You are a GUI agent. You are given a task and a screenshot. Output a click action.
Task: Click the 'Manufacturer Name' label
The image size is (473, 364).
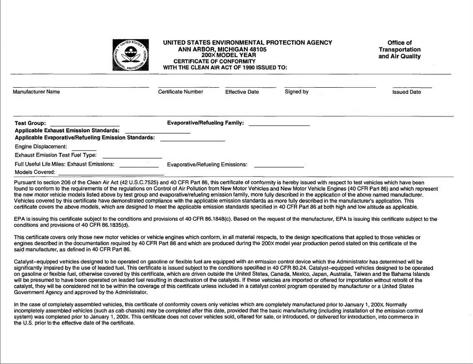36,92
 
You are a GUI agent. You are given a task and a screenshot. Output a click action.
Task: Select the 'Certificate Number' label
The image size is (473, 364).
181,92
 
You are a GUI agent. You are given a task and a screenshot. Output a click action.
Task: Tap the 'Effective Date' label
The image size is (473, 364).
242,92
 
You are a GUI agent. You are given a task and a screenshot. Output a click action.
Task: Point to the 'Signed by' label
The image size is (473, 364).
297,92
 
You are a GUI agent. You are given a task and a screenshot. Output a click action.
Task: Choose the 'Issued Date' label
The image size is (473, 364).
406,92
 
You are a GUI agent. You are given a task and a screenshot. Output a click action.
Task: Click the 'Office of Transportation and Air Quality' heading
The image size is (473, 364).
400,49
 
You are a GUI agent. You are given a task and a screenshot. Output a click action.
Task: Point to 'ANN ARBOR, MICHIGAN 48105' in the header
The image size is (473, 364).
222,49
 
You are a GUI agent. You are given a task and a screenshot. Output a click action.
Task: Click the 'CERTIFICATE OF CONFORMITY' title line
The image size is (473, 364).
215,61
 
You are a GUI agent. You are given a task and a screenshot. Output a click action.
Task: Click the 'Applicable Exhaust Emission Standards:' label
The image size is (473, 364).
67,131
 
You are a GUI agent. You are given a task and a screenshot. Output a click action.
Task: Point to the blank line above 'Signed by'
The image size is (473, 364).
330,86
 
